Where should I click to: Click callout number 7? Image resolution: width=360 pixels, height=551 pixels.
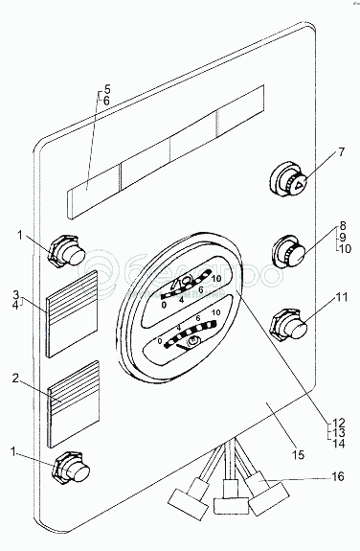342,152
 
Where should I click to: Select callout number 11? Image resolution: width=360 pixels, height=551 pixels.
342,297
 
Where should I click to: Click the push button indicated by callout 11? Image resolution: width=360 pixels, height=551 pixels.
289,325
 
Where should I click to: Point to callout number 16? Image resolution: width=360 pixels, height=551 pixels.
338,477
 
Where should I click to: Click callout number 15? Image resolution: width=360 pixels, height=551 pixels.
298,455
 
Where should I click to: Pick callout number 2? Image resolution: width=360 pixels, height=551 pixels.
15,379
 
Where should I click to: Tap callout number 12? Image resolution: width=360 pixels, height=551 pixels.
339,423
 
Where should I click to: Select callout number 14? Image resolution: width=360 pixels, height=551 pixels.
339,444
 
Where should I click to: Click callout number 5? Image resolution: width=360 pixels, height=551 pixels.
107,89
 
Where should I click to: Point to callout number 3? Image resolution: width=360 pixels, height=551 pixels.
16,294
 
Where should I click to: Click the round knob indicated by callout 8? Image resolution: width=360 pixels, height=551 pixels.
289,252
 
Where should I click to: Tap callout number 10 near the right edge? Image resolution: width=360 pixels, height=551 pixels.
345,249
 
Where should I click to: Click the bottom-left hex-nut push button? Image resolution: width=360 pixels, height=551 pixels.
71,470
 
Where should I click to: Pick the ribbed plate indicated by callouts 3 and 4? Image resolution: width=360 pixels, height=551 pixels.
73,314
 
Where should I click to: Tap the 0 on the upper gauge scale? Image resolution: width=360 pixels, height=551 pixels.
164,305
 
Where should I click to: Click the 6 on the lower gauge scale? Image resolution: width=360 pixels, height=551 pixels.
198,318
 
